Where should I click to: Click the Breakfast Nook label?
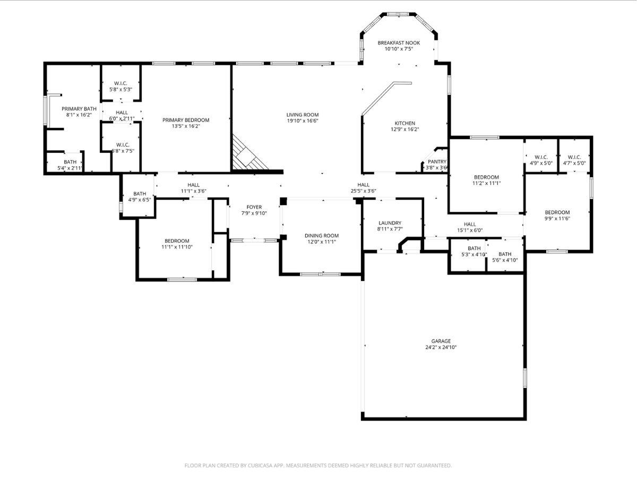[399, 42]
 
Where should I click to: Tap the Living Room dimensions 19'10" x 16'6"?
[302, 121]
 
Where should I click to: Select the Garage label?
[441, 341]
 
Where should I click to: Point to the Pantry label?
[437, 161]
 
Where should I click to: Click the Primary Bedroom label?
[186, 120]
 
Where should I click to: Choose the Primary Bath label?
[79, 108]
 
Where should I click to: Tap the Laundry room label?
[390, 223]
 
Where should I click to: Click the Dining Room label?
[321, 235]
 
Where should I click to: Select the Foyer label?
[254, 207]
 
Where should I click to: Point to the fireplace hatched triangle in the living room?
[246, 157]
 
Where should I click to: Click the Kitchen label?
[404, 123]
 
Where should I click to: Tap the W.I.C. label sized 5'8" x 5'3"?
[120, 83]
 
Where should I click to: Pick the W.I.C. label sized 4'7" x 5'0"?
[574, 157]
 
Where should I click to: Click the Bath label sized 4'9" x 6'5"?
[140, 194]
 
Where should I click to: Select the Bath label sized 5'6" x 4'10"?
[505, 254]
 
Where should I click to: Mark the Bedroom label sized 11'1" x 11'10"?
[177, 241]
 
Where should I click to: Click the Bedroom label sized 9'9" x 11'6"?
[557, 212]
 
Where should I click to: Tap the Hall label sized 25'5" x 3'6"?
[363, 185]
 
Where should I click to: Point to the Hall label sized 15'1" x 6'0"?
[470, 224]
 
